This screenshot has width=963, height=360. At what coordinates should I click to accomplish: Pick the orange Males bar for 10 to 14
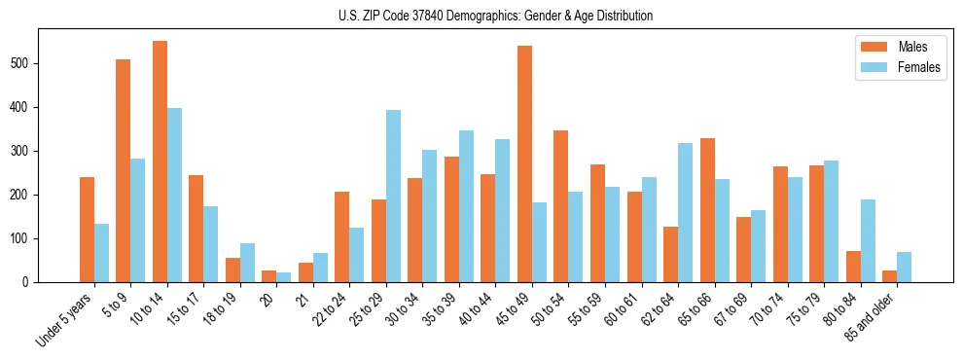[160, 162]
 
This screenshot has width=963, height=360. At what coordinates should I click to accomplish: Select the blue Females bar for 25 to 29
[393, 196]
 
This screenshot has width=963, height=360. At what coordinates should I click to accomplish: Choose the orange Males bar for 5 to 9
[124, 170]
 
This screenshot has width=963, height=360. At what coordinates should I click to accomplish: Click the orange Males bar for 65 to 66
[707, 210]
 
